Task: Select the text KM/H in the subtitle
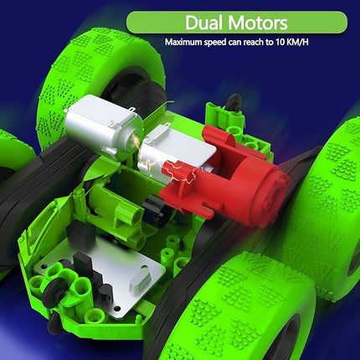(321, 42)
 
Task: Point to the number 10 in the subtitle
(299, 42)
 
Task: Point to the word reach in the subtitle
(270, 42)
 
